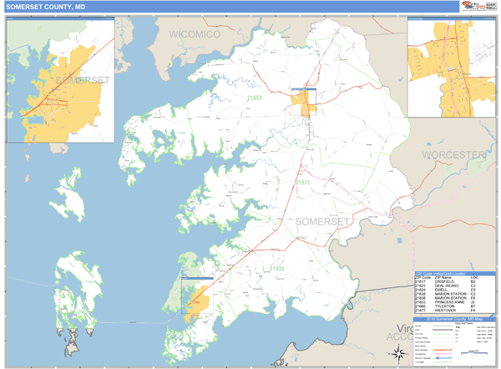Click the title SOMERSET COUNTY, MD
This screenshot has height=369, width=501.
point(46,7)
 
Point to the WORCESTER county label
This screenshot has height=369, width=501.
point(453,155)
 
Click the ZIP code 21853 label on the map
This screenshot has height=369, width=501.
point(254,99)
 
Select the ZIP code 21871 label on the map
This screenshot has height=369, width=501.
point(302,182)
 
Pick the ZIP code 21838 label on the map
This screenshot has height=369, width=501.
point(276,269)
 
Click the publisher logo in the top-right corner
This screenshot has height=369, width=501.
point(475,6)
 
